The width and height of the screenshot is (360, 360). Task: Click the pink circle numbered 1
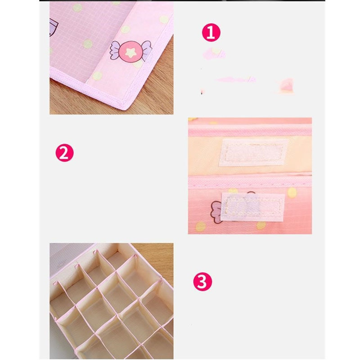click(211, 32)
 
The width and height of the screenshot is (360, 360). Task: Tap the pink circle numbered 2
click(64, 153)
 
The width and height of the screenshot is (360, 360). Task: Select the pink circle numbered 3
click(202, 282)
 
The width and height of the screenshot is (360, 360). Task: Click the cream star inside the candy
click(131, 53)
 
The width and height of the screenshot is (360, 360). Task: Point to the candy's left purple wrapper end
click(115, 50)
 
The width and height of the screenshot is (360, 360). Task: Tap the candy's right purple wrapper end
click(147, 50)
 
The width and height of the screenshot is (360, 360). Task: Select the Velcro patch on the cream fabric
click(253, 153)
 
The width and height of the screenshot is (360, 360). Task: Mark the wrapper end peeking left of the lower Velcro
click(216, 212)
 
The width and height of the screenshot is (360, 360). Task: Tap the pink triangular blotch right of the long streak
click(286, 85)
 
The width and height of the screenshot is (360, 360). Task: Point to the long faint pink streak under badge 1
click(236, 80)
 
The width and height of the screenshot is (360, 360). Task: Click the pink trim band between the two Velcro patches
click(250, 181)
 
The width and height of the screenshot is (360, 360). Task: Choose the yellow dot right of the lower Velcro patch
click(292, 193)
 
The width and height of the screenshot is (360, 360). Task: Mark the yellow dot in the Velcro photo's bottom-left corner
click(200, 227)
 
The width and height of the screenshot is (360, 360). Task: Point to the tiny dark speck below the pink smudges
click(202, 92)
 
